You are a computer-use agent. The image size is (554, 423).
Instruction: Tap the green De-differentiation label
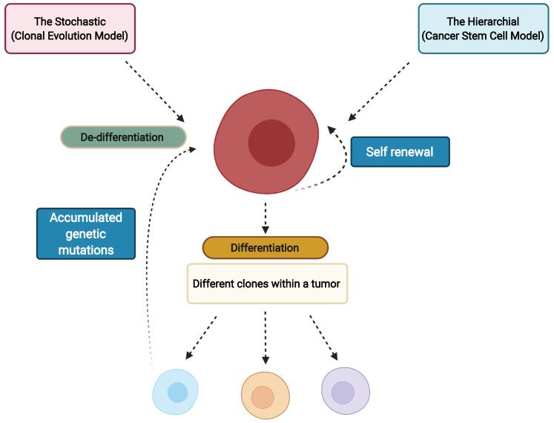[x=122, y=137]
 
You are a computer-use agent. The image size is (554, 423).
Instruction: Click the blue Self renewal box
[x=400, y=151]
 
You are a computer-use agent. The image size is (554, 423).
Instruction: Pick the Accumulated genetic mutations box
[x=86, y=232]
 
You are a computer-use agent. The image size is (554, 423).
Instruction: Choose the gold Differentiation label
[x=265, y=248]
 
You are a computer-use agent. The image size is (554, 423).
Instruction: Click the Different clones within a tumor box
[x=267, y=283]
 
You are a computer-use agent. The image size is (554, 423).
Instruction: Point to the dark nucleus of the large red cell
[x=271, y=142]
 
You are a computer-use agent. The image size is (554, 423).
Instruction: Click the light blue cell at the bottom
[x=177, y=393]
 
